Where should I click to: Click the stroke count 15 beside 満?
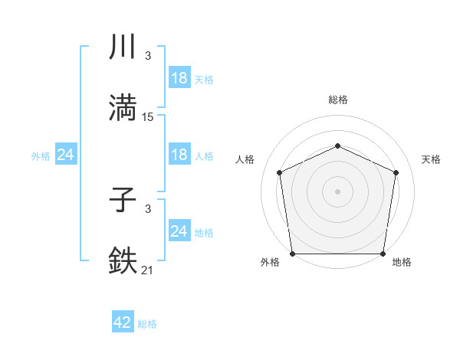point(148,117)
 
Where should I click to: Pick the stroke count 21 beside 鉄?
point(148,270)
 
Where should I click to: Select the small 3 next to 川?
point(148,56)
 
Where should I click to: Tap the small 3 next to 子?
point(148,209)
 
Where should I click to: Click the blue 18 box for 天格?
point(179,77)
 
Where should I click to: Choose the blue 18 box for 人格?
point(179,155)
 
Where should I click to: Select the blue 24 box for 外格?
point(66,155)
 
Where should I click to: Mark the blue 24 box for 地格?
point(179,231)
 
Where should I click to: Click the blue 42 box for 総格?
point(123,322)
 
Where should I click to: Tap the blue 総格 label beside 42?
point(147,324)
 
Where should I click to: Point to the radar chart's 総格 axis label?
point(338,100)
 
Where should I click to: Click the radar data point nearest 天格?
point(396,172)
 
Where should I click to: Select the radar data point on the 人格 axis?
point(280,172)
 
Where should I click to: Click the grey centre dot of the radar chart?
point(338,191)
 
